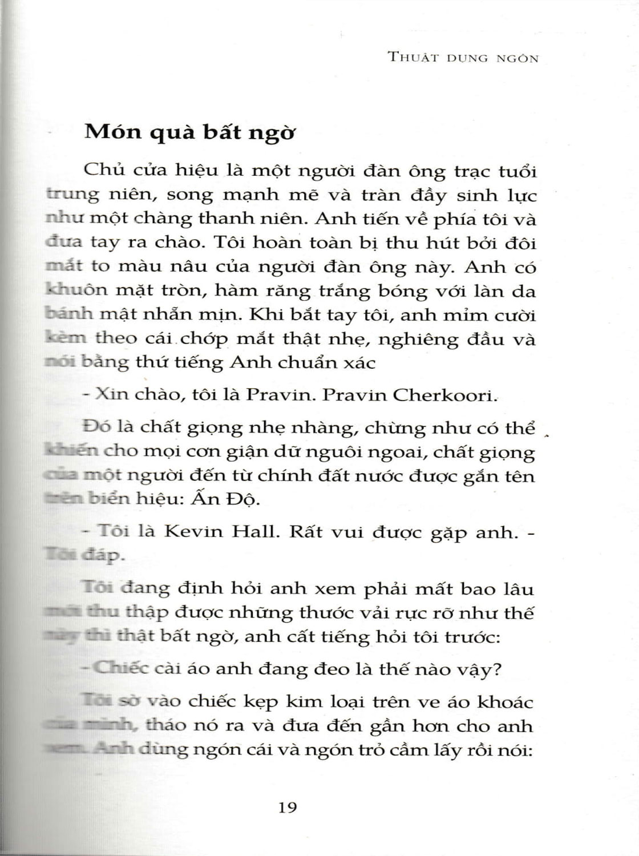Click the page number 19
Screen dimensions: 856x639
pos(288,808)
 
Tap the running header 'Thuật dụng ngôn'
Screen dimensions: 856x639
pos(463,58)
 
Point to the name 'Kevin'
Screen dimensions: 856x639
pos(193,532)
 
